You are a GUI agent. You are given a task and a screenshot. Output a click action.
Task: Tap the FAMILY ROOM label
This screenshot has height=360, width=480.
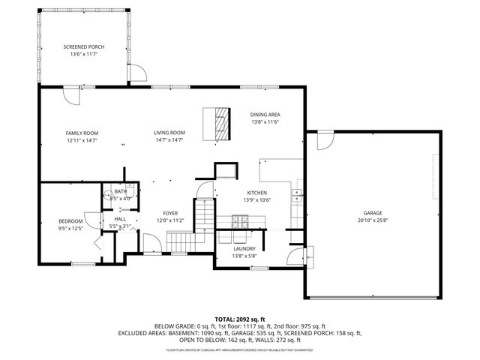pos(82,133)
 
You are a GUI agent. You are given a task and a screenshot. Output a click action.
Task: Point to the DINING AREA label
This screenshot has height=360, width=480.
pos(265,114)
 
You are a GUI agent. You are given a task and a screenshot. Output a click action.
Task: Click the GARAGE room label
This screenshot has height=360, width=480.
pos(373,213)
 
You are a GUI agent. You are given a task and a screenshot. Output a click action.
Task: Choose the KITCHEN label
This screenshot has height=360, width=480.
pos(256,192)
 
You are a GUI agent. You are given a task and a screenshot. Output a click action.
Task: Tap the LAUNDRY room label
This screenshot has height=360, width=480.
pos(244,248)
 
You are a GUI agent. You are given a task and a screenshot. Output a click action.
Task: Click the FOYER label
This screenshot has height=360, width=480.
pos(170,213)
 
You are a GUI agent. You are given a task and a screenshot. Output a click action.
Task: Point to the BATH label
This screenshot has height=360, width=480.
pos(121,191)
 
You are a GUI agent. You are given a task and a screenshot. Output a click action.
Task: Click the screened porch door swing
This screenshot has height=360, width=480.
pos(136,73)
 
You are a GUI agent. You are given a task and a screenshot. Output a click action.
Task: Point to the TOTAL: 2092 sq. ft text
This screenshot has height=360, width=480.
pos(239,319)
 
